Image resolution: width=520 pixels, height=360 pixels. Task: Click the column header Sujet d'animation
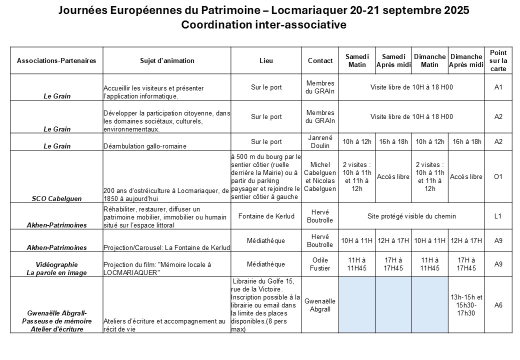(167, 61)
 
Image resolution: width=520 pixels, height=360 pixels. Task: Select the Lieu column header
(266, 61)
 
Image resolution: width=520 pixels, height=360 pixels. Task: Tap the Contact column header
(320, 61)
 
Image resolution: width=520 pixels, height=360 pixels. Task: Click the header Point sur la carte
(498, 60)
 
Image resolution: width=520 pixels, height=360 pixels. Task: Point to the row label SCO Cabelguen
(56, 198)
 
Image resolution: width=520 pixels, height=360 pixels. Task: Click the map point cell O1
(498, 176)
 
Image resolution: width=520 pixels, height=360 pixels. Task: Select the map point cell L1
(498, 216)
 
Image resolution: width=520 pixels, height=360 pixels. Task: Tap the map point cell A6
(498, 305)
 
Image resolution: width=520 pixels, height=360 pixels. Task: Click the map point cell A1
(498, 87)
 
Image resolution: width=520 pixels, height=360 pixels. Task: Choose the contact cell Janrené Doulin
(320, 141)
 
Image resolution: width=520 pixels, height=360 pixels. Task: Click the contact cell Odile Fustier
(320, 264)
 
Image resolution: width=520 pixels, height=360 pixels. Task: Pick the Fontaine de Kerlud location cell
(266, 216)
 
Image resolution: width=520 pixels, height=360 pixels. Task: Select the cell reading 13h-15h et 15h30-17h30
(466, 305)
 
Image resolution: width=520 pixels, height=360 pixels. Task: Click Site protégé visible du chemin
(412, 216)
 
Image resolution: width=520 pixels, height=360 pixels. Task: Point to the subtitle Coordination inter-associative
(263, 25)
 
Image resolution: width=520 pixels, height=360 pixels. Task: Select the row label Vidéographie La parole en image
(56, 268)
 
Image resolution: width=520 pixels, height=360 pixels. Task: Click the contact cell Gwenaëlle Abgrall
(320, 305)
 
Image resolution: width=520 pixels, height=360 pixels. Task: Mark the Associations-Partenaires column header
(56, 61)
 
